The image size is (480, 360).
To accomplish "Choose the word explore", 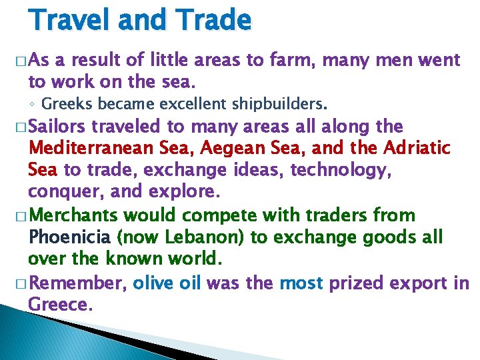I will click(180, 193).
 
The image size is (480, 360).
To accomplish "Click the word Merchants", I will click(74, 216).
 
